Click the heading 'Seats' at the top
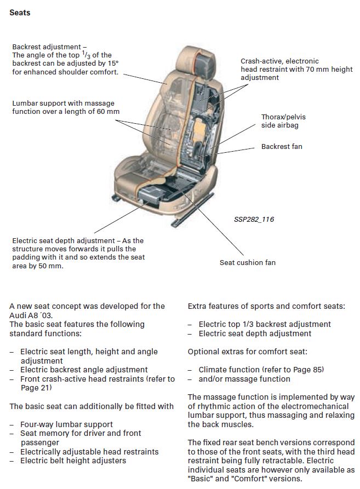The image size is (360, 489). coord(20,12)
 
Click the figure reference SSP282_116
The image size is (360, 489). coord(254,220)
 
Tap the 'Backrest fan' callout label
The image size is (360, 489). coord(282,147)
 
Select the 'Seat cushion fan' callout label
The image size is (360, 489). coord(248,263)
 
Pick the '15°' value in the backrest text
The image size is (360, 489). coord(112,64)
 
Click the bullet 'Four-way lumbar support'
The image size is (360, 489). coord(66,424)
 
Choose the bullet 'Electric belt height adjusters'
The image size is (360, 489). coord(73,461)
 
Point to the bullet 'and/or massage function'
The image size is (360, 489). coord(244,379)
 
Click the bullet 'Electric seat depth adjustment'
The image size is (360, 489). coord(255,333)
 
